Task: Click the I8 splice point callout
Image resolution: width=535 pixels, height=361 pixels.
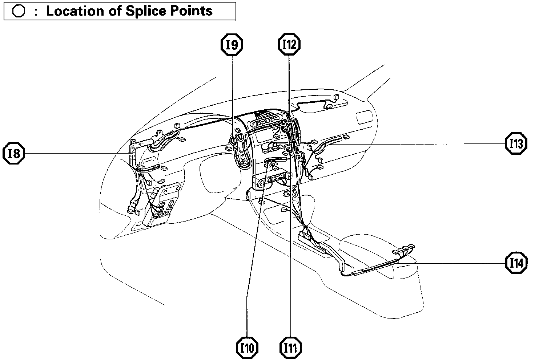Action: [14, 154]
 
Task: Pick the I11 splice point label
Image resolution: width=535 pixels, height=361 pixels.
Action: [290, 348]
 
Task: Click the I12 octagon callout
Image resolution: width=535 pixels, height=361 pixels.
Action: [289, 45]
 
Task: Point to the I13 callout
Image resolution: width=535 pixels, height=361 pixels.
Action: [516, 144]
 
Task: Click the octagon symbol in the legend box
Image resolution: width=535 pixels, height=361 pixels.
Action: [18, 11]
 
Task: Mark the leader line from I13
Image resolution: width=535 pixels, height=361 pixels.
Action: [418, 144]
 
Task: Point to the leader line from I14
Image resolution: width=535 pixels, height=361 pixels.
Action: [454, 263]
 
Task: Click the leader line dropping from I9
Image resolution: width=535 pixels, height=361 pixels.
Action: [233, 94]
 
